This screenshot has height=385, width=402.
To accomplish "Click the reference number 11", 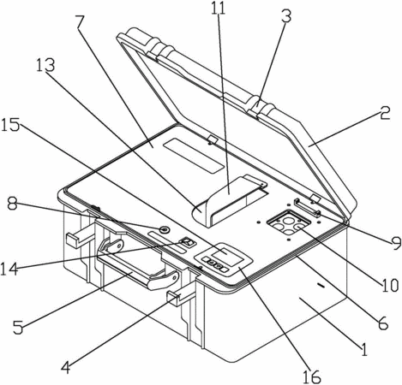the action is (219, 9).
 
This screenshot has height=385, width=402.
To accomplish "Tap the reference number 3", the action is (286, 16).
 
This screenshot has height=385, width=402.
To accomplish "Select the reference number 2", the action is (385, 113).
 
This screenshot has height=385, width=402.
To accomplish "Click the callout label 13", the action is (45, 66).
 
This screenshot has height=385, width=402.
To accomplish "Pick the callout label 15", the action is (10, 126).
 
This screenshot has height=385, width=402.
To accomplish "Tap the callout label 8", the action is (13, 204).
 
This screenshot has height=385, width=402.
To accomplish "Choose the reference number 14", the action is (9, 269).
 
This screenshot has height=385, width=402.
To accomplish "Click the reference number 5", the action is (18, 328).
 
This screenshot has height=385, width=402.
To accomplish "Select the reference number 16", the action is (312, 377).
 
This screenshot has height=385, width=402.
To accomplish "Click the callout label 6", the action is (383, 323).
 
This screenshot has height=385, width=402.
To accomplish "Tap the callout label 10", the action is (389, 285).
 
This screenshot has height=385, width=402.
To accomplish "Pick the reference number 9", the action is (396, 243).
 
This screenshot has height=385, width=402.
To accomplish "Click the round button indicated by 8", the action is (165, 229).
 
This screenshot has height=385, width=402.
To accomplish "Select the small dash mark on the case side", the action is (321, 285).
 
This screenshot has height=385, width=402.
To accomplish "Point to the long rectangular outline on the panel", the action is (194, 156).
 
